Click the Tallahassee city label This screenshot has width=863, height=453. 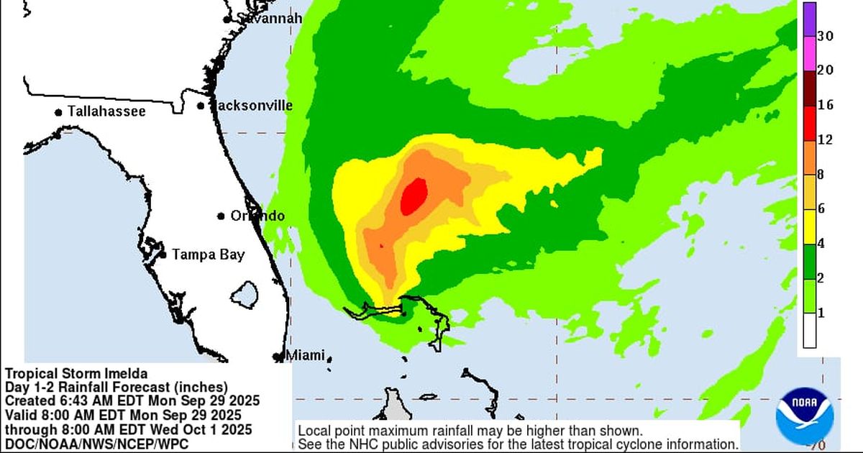[x=106, y=111]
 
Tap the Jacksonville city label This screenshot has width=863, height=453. [x=253, y=106]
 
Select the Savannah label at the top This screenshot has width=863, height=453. [x=268, y=18]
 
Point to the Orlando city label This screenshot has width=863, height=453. [x=257, y=216]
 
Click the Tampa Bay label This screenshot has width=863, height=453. [x=208, y=254]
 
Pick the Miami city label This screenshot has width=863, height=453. [x=306, y=355]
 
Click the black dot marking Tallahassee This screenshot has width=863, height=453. [x=58, y=112]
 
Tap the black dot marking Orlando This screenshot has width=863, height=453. [x=221, y=216]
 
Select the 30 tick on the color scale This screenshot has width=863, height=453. [x=825, y=37]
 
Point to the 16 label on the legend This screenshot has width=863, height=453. [x=825, y=105]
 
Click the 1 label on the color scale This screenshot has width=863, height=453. [x=821, y=314]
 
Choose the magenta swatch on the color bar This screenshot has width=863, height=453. [x=809, y=54]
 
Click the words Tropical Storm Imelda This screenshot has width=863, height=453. [x=76, y=374]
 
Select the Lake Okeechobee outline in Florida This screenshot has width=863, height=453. [x=247, y=293]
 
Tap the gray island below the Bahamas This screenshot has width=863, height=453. [x=393, y=405]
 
